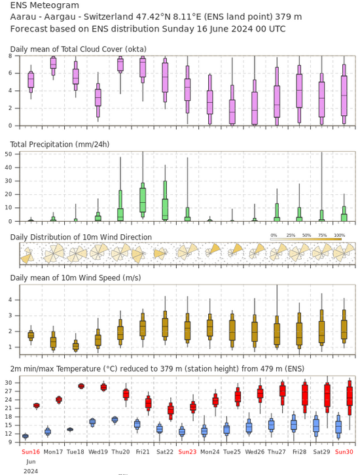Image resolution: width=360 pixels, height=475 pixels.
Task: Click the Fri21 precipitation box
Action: click(143, 200)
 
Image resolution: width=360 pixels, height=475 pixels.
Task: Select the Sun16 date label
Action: click(31, 451)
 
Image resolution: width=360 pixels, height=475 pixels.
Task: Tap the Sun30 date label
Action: click(344, 451)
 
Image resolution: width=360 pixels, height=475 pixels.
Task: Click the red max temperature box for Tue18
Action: click(81, 386)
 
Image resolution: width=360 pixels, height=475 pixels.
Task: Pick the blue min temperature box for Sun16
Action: click(26, 436)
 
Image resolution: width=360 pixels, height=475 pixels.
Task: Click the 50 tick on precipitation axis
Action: click(8, 154)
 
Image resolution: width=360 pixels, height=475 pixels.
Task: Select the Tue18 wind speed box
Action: click(75, 345)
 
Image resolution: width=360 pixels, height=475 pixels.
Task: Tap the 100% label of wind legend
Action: click(340, 235)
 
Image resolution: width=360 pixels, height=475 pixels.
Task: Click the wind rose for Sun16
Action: click(27, 255)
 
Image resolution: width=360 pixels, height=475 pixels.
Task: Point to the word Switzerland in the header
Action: click(109, 16)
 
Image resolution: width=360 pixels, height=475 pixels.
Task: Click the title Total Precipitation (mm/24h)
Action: click(60, 144)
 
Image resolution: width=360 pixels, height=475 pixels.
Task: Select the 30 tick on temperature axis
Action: click(8, 383)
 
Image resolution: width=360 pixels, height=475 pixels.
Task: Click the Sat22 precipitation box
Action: click(165, 200)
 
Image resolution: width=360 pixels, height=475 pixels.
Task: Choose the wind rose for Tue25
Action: click(236, 251)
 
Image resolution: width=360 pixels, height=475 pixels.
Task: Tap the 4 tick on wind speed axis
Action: click(10, 300)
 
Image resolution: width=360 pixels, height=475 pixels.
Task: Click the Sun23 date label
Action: click(187, 451)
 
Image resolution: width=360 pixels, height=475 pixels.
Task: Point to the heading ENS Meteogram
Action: click(45, 5)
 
